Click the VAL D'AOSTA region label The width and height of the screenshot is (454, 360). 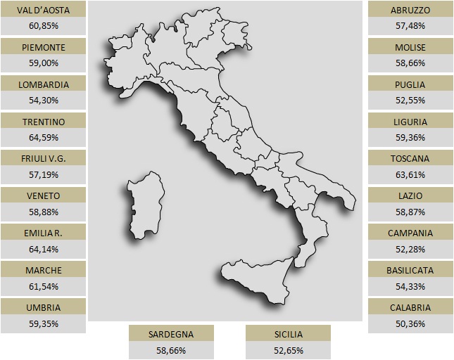(44, 10)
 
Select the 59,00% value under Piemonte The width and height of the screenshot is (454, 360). (44, 63)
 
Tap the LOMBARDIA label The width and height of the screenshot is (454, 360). (44, 84)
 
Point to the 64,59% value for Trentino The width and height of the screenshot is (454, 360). (44, 137)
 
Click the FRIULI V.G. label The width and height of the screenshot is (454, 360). (44, 158)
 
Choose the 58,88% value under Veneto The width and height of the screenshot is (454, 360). (44, 212)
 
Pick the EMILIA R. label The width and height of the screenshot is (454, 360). (44, 233)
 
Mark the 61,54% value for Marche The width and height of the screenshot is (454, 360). (44, 286)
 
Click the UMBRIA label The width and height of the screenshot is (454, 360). (44, 307)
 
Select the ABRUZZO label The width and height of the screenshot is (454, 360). (410, 10)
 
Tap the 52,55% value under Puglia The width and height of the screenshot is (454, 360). (410, 100)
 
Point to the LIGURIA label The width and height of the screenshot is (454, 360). (410, 122)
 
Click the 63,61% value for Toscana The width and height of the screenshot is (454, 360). (410, 174)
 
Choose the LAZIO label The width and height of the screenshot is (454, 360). (410, 195)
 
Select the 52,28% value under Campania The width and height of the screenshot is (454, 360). (410, 249)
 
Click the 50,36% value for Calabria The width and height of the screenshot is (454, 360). (410, 323)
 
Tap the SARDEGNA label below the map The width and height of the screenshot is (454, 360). (171, 334)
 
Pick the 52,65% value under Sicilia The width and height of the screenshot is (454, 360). (287, 349)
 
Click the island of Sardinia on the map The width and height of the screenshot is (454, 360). (146, 205)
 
